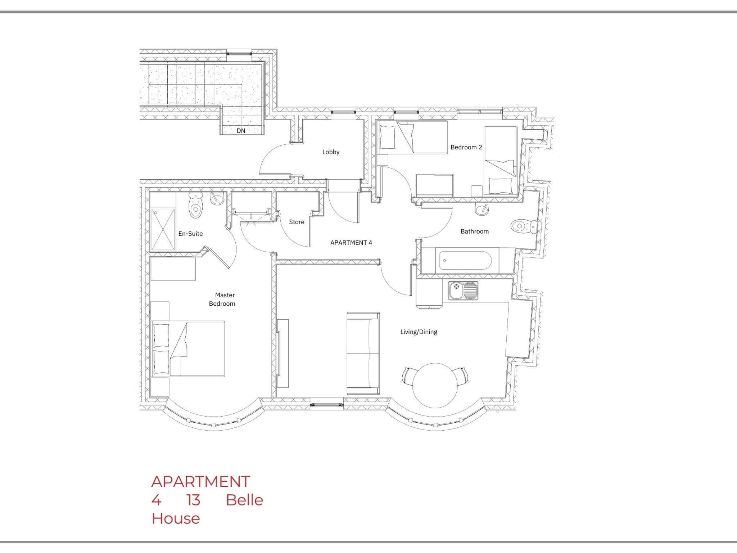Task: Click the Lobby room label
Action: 330,152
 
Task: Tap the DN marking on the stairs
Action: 241,131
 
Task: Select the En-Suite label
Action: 190,234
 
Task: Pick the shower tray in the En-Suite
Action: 163,229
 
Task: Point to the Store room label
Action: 297,222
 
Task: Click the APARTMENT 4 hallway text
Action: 351,243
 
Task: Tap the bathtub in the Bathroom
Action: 464,261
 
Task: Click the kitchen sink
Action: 463,291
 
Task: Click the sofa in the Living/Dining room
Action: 363,354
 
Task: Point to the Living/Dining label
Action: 419,332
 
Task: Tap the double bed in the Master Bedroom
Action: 188,349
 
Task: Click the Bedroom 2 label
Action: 466,147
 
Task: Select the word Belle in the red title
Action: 244,500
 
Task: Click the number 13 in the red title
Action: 193,500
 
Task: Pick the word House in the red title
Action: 176,518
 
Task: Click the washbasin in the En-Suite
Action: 217,198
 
